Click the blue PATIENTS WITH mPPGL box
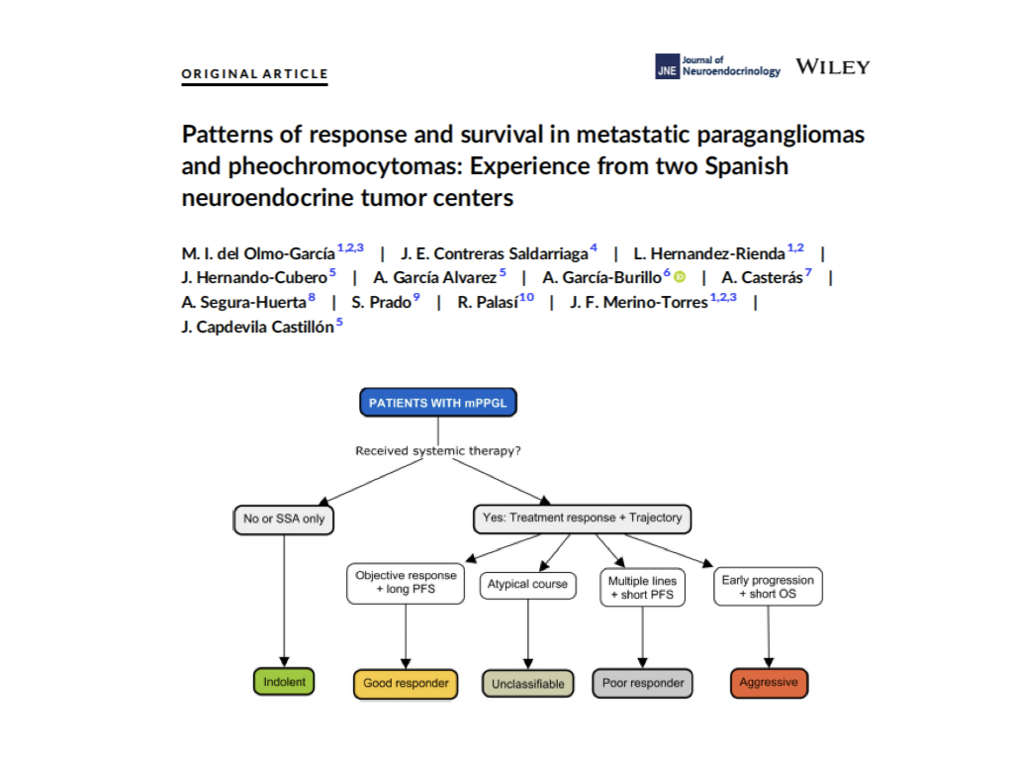pos(438,403)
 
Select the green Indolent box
pos(284,682)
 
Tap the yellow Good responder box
pos(406,684)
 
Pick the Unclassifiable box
pos(528,684)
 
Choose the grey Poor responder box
pos(643,683)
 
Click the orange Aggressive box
pos(769,683)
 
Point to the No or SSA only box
pos(284,520)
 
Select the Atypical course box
pos(528,585)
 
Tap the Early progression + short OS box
pos(768,587)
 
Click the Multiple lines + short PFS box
pos(643,588)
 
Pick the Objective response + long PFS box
pos(406,584)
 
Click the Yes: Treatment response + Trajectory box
pos(582,519)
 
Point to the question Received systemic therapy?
pos(438,450)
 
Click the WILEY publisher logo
pos(833,67)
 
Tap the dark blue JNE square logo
pos(667,66)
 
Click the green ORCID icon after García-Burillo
pos(680,277)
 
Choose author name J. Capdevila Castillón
pos(257,327)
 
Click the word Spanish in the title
pos(747,166)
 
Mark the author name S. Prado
pos(381,303)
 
